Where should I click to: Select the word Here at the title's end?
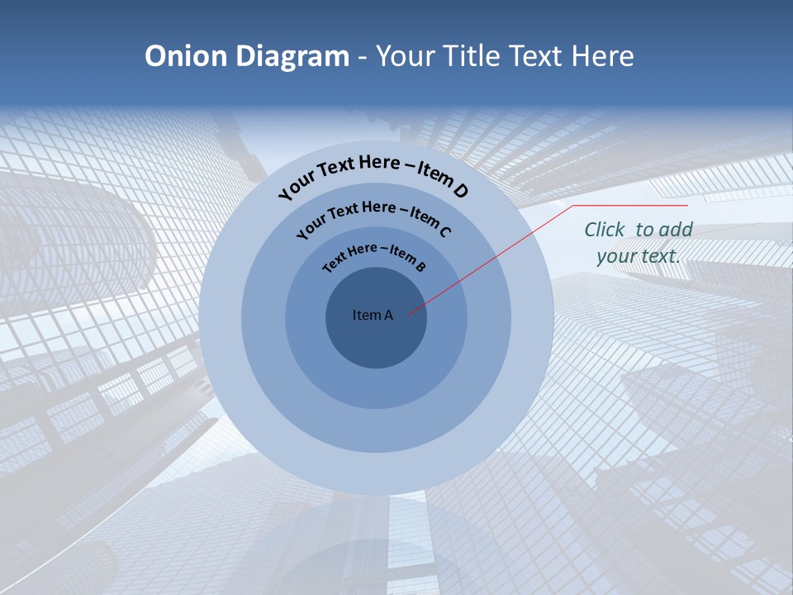pyautogui.click(x=601, y=56)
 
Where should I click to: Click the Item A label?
pyautogui.click(x=373, y=315)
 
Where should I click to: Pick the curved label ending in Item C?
pyautogui.click(x=373, y=216)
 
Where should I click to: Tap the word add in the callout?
pyautogui.click(x=676, y=230)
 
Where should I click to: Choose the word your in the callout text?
pyautogui.click(x=616, y=256)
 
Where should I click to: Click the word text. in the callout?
pyautogui.click(x=660, y=256)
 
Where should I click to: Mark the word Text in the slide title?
pyautogui.click(x=534, y=56)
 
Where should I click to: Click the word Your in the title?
pyautogui.click(x=407, y=56)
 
